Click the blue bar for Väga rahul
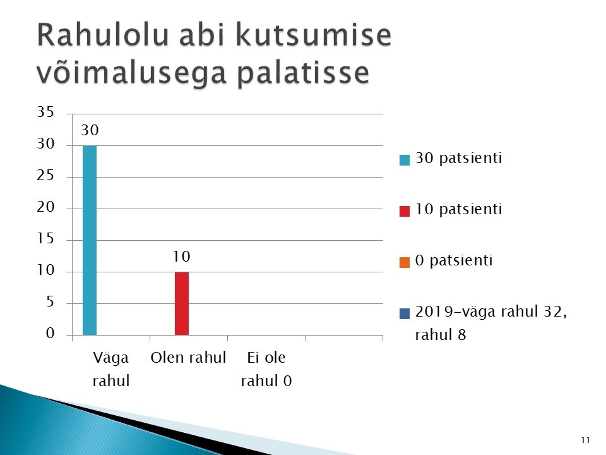tap(90, 240)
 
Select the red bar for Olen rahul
tap(182, 304)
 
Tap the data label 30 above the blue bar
tap(90, 130)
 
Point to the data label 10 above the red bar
tap(182, 257)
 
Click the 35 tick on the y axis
tap(45, 112)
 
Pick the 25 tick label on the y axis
tap(45, 176)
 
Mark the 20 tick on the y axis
tap(45, 207)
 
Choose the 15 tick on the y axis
tap(45, 238)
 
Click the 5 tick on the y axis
tap(50, 301)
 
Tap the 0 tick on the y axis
tap(50, 333)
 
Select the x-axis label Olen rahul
tap(188, 358)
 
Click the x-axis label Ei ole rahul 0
tap(266, 369)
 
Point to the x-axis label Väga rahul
tap(111, 369)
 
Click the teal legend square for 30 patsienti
tap(404, 160)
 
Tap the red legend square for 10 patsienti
tap(404, 211)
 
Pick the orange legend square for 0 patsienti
tap(404, 262)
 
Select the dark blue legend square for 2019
tap(404, 313)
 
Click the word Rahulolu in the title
tap(103, 35)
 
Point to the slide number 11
tap(586, 440)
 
